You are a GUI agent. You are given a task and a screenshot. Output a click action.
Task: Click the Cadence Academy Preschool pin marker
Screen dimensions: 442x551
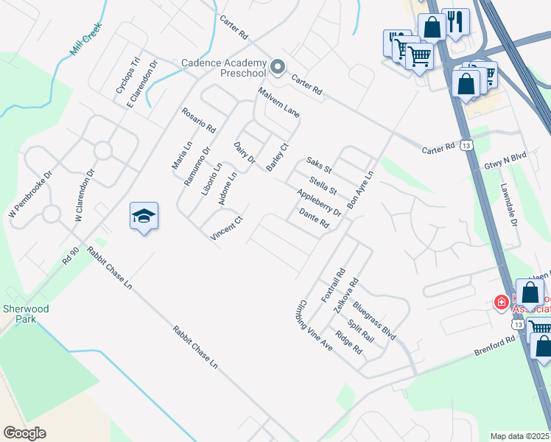click(x=278, y=69)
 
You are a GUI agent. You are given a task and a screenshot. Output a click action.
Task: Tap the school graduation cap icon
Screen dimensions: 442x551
click(x=144, y=216)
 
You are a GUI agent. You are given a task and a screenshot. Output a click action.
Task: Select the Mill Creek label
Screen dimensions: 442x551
click(x=86, y=41)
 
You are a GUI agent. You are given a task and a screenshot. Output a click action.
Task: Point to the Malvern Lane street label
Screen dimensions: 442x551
click(x=278, y=102)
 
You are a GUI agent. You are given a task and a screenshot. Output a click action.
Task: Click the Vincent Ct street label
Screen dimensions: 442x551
click(x=227, y=231)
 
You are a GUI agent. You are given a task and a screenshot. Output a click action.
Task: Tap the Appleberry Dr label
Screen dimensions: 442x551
click(x=319, y=203)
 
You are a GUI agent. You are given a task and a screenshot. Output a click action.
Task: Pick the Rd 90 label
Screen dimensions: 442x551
click(x=70, y=256)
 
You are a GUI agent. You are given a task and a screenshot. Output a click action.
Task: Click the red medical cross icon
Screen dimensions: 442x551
click(x=501, y=302)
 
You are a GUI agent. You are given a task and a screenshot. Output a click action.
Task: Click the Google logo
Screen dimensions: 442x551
click(x=24, y=433)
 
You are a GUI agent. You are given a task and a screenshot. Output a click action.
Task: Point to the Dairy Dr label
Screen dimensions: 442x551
click(x=245, y=153)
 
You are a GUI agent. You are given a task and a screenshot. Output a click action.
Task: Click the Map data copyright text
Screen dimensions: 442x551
click(x=519, y=436)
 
